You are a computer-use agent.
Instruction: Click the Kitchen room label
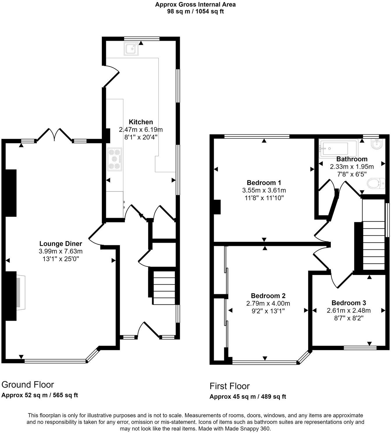pos(141,122)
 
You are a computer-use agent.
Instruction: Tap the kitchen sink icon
pos(131,49)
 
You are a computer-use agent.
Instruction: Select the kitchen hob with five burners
pos(114,159)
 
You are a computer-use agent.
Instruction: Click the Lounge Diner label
pos(61,244)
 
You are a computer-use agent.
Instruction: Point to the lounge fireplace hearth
pos(20,292)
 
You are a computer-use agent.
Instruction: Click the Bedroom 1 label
pos(264,183)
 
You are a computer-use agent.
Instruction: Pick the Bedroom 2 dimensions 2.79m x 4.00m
pos(268,303)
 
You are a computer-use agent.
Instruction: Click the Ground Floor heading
pos(28,384)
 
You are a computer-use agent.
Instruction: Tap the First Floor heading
pos(230,386)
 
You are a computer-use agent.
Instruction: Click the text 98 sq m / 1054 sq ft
pos(195,12)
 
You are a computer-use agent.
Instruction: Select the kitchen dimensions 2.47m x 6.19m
pos(141,129)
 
